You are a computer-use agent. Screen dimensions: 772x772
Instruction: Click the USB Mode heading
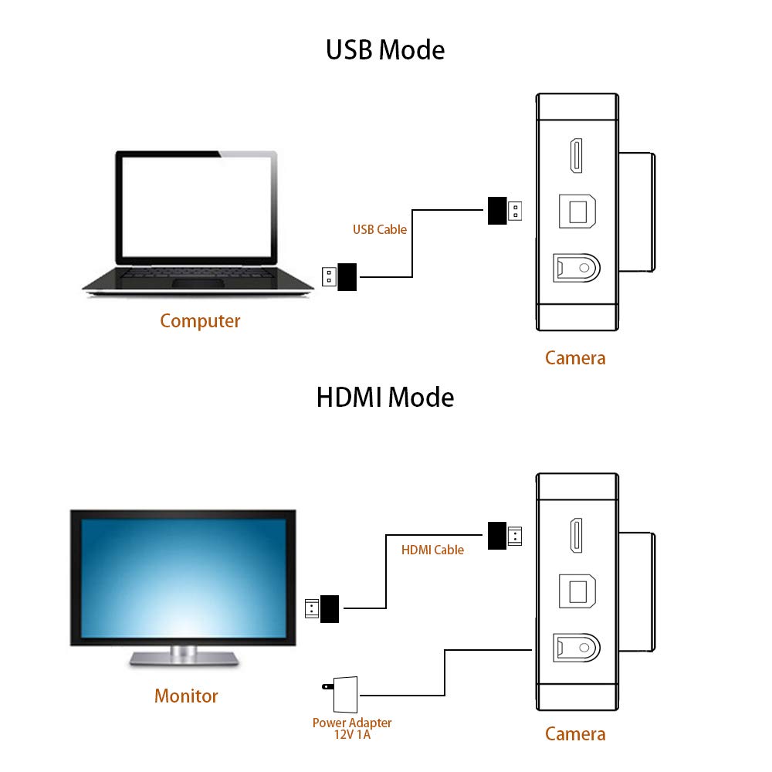(385, 50)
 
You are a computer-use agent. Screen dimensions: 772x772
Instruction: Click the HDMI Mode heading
(385, 398)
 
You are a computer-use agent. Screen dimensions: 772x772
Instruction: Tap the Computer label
(200, 321)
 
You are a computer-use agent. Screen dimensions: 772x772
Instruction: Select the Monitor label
(186, 696)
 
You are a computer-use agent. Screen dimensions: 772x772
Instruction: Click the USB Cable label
(380, 229)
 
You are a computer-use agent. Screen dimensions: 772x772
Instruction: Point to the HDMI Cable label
(432, 550)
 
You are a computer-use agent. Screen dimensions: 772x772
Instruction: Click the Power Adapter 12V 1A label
(352, 728)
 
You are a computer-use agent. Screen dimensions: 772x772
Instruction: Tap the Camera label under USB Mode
(575, 357)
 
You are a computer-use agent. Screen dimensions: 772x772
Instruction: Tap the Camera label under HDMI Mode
(575, 733)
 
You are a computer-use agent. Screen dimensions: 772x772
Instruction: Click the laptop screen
(197, 208)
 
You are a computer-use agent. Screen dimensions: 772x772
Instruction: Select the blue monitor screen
(184, 576)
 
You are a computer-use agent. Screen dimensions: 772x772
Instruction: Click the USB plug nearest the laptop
(340, 276)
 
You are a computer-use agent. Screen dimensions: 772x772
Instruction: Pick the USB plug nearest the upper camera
(505, 211)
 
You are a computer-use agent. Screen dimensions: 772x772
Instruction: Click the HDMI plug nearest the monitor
(323, 608)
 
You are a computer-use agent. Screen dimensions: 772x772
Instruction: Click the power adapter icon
(340, 694)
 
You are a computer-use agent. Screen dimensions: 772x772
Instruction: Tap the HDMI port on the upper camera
(577, 157)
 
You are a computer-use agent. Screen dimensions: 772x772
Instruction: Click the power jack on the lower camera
(577, 645)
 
